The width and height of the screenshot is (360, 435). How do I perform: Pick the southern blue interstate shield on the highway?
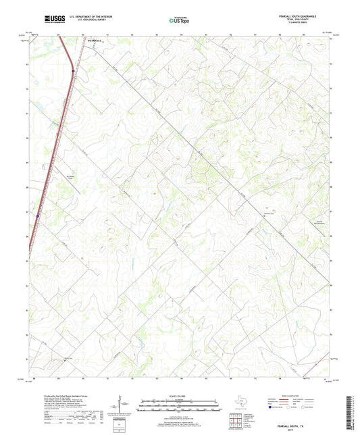pos(38,216)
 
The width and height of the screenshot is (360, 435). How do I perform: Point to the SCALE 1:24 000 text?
pos(180,396)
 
